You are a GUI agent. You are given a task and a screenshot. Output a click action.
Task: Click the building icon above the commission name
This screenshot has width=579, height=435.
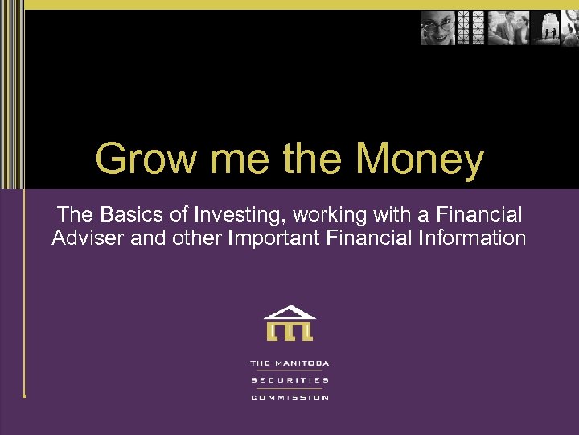[289, 323]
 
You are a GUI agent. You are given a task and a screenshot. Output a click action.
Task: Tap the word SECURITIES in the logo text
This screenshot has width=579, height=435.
[289, 380]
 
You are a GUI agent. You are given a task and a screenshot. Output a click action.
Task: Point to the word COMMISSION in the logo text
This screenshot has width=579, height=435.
[289, 397]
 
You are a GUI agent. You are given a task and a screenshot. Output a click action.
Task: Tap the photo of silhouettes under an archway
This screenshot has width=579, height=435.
[550, 28]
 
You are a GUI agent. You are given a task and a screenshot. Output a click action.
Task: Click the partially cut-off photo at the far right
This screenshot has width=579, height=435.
[572, 28]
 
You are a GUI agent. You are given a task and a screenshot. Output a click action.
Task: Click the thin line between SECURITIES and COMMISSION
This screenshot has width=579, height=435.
[289, 389]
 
